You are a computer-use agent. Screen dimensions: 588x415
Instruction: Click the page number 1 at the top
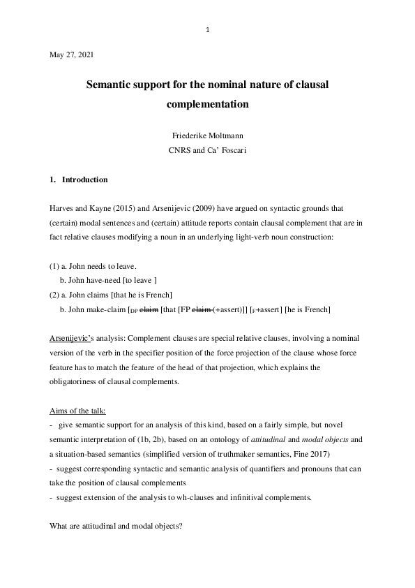(x=208, y=30)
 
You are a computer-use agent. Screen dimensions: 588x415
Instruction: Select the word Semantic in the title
(x=108, y=84)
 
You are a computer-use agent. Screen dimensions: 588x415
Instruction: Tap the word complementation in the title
(x=208, y=105)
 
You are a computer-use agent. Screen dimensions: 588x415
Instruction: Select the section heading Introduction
(x=84, y=180)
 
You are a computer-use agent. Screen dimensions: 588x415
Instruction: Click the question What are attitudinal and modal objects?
(x=116, y=525)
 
